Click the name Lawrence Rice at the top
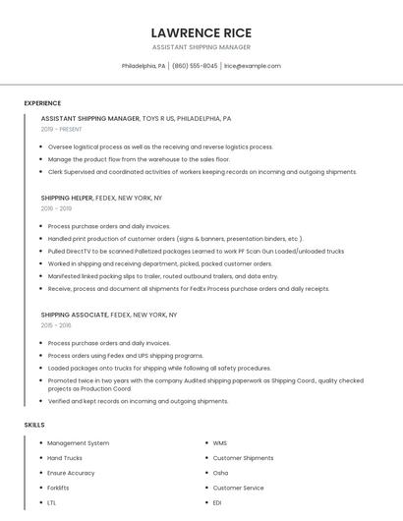tap(201, 32)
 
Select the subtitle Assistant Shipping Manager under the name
tap(201, 47)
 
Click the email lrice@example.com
tap(253, 66)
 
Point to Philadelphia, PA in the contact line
tap(144, 66)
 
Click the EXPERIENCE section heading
tap(42, 103)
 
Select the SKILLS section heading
tap(34, 425)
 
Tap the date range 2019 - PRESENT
tap(61, 129)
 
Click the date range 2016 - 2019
tap(56, 208)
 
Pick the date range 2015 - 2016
tap(56, 325)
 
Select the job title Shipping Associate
tap(74, 315)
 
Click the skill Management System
tap(79, 443)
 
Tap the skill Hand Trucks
tap(65, 458)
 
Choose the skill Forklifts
tap(58, 488)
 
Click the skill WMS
tap(220, 443)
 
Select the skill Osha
tap(220, 473)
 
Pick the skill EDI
tap(218, 502)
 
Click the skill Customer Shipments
tap(243, 458)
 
